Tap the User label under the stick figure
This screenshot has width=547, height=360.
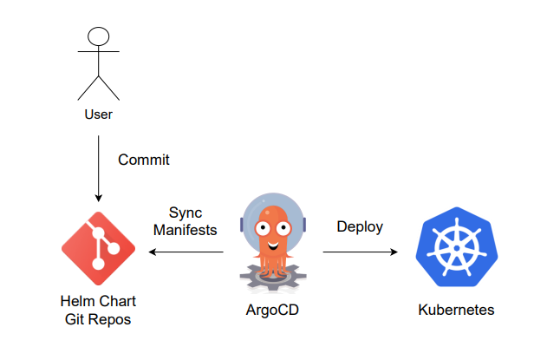coord(99,113)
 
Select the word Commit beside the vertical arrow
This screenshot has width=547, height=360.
coord(144,160)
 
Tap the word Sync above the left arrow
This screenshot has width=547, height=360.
coord(185,212)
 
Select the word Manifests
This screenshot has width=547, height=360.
coord(185,230)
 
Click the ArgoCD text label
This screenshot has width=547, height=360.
coord(273,310)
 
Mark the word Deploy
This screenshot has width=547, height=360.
coord(360,226)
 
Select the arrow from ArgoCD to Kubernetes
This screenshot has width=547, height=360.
coord(360,252)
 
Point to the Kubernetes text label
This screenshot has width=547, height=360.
coord(457,310)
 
